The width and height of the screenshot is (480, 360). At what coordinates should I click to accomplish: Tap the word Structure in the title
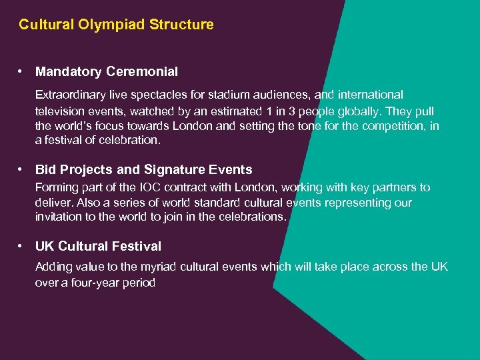tap(182, 25)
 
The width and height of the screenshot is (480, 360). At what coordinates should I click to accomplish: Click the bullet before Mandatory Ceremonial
tap(22, 71)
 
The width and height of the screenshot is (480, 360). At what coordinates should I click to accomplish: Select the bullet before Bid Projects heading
tap(22, 170)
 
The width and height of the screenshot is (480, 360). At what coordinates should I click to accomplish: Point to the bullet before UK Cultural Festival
tap(22, 246)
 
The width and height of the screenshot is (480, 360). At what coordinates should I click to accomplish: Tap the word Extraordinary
tap(70, 96)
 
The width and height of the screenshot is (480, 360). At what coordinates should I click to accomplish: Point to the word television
tap(60, 111)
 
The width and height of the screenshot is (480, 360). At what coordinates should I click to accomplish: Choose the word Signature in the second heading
tap(161, 170)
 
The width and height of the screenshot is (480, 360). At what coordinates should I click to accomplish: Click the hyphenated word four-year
tap(95, 283)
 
